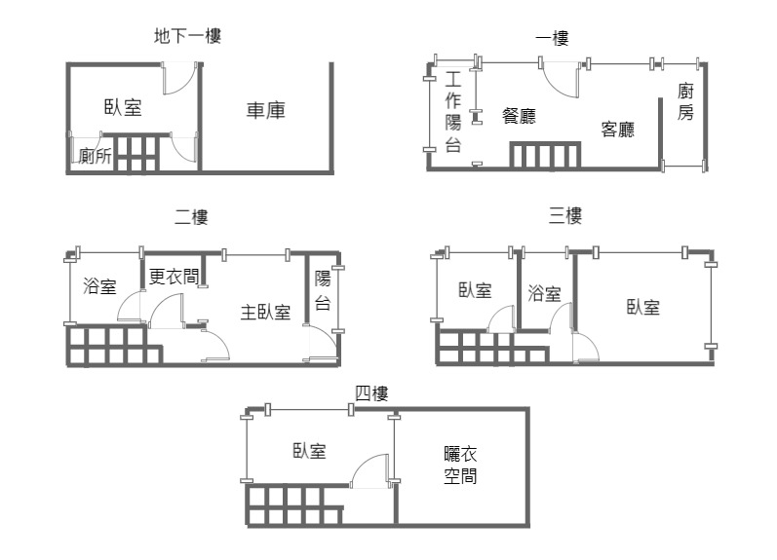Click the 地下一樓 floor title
(187, 36)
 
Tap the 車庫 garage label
(266, 110)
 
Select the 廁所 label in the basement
(96, 156)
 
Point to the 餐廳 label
(519, 115)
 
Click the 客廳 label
(617, 129)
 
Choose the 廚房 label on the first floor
(685, 101)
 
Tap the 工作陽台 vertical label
(453, 111)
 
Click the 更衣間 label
(174, 276)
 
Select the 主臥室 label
(265, 312)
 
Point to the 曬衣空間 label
(460, 465)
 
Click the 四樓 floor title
(371, 393)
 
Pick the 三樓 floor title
(564, 215)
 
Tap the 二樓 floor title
(191, 216)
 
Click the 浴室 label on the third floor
(544, 293)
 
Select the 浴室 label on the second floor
(99, 285)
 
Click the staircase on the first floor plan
(545, 156)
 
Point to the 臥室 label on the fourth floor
(310, 451)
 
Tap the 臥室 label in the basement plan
(123, 107)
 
